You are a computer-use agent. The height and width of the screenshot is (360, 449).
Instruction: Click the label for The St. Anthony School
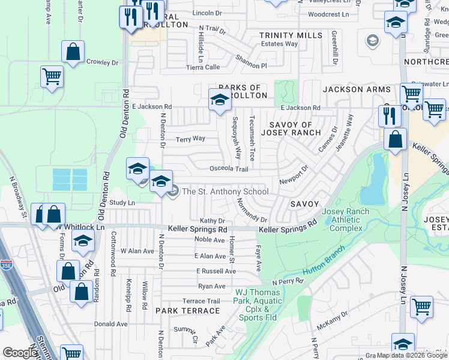coord(224,192)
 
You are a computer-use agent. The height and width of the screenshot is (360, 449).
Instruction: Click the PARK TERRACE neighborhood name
coord(188,311)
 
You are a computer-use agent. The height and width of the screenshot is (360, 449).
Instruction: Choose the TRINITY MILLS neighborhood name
coord(291,36)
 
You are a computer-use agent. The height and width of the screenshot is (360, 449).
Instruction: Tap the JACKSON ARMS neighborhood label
coord(357,89)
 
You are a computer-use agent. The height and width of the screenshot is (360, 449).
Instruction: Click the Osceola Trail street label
coord(229,169)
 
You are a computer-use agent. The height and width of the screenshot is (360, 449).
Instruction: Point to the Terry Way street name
coord(190,139)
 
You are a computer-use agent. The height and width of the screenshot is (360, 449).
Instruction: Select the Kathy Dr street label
coord(212,221)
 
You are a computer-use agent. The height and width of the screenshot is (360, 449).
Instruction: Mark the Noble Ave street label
coord(209,240)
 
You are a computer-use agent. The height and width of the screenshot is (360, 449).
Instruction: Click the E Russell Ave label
coord(215,271)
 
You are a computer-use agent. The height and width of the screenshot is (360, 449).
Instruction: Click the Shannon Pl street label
coord(251,62)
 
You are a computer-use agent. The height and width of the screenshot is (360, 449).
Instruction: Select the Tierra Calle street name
coord(203,67)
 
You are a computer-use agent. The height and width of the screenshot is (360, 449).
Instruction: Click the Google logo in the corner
coord(20,353)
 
